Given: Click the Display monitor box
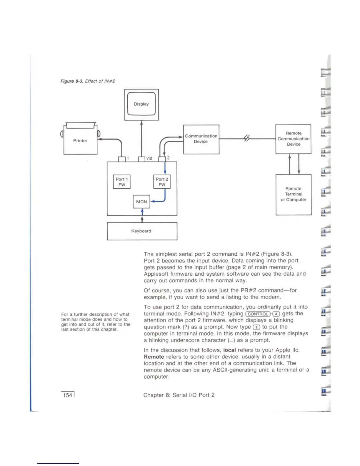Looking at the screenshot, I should click(x=141, y=104).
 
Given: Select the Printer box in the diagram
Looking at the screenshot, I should click(x=80, y=141).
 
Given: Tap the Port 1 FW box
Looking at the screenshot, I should click(x=122, y=182).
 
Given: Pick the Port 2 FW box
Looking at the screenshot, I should click(x=162, y=182).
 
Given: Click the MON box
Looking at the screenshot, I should click(x=141, y=202).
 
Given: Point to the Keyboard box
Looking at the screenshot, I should click(x=142, y=231).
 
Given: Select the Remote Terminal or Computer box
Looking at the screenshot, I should click(x=293, y=194).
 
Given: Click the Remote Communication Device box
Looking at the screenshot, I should click(x=293, y=139).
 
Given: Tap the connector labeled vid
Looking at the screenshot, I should click(x=141, y=159).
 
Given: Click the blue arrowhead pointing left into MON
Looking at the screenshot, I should click(x=152, y=202).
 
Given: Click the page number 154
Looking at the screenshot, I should click(x=68, y=395).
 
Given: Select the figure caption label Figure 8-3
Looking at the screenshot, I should click(x=72, y=81).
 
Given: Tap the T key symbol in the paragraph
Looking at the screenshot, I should click(x=256, y=327).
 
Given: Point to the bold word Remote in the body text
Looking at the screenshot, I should click(x=154, y=357).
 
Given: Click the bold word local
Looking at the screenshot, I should click(x=229, y=350).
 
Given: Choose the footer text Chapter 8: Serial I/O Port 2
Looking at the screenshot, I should click(x=179, y=395).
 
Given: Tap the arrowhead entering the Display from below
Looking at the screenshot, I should click(x=141, y=122).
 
